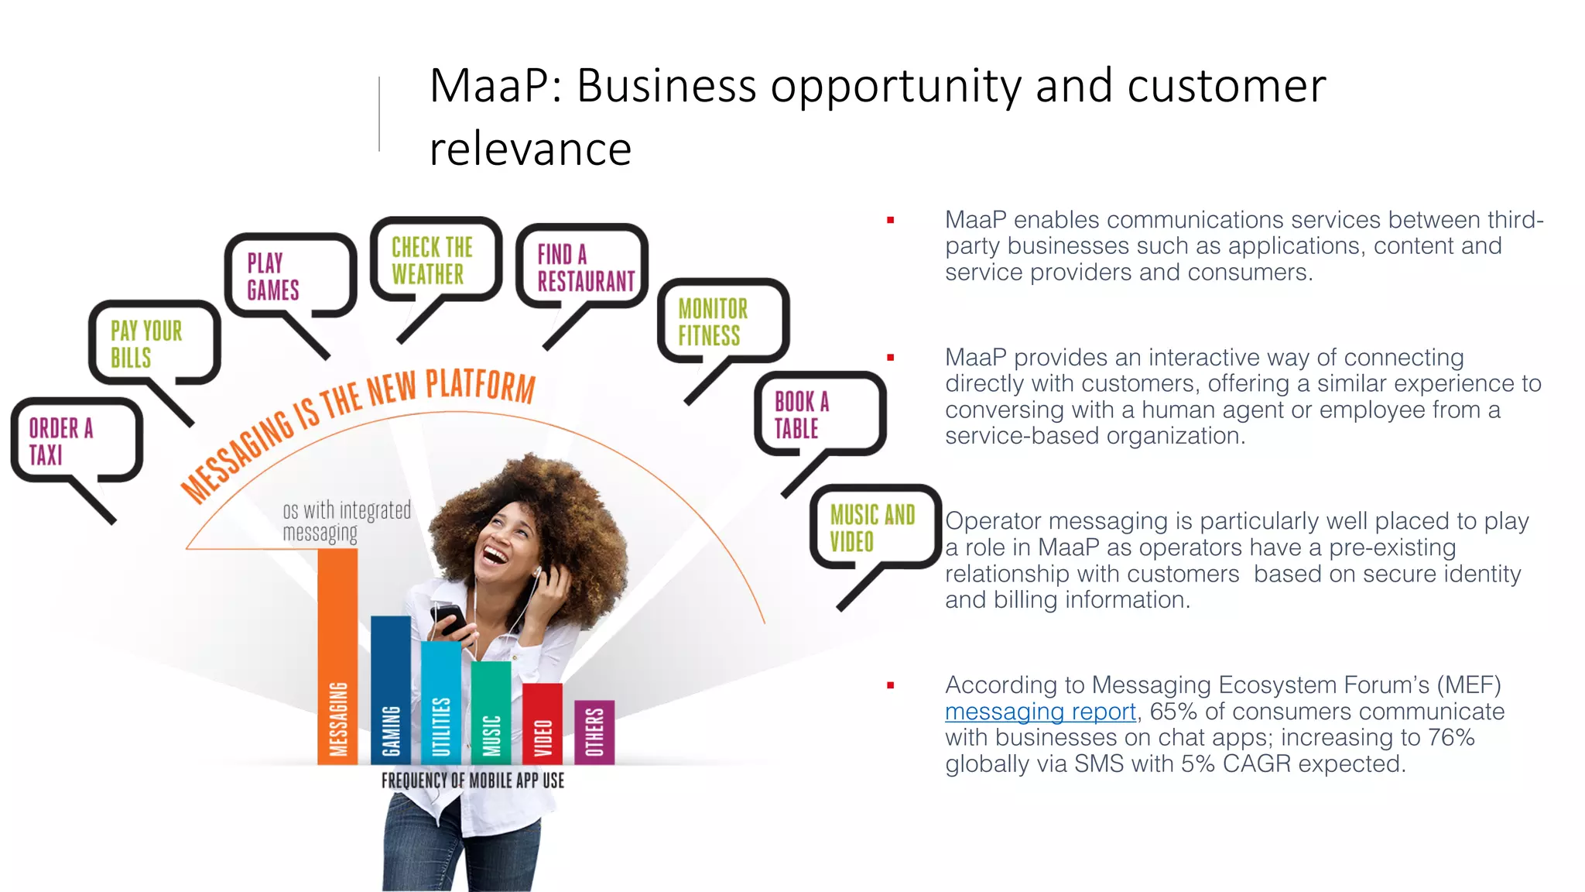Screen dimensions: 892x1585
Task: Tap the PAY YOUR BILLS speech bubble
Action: (153, 343)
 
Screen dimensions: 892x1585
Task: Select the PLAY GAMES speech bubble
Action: (289, 276)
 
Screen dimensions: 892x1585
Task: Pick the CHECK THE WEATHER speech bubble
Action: (435, 260)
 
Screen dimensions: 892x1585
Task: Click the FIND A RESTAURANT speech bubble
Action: (582, 267)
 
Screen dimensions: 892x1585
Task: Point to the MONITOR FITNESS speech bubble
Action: (721, 321)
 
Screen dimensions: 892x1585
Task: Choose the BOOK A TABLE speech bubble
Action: (819, 414)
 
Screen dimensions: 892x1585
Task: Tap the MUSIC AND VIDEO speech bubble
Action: (875, 527)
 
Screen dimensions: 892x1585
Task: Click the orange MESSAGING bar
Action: (337, 658)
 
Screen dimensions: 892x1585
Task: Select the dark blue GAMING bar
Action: (391, 689)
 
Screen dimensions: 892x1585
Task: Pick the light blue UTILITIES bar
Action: (440, 701)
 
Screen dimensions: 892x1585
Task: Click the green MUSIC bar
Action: (491, 712)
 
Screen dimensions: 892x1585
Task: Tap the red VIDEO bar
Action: (542, 724)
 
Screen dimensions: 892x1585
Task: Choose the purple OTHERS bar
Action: (594, 732)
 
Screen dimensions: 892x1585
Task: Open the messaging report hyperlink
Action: (1039, 711)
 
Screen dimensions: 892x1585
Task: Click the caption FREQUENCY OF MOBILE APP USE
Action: (472, 780)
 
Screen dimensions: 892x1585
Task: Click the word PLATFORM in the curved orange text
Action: (480, 385)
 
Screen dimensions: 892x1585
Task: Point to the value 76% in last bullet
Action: (1450, 737)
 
